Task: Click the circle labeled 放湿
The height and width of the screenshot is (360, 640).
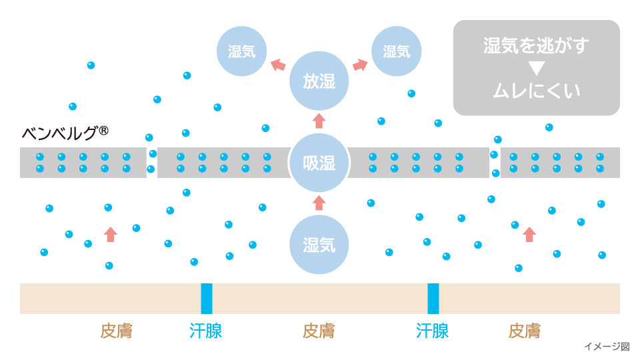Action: click(x=319, y=81)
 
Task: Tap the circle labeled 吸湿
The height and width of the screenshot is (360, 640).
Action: click(x=319, y=163)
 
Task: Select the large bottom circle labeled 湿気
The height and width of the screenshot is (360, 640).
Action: click(x=319, y=245)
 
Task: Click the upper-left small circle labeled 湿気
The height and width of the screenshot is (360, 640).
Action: click(x=242, y=51)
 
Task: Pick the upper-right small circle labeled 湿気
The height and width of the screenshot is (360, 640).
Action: click(x=396, y=51)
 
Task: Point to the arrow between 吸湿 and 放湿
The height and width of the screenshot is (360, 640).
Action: click(x=319, y=121)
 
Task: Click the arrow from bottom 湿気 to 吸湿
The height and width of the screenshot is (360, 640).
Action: click(x=319, y=203)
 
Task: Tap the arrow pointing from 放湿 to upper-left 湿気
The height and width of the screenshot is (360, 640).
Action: click(x=278, y=65)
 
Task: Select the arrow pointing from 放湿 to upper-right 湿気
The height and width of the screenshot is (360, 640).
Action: click(x=360, y=65)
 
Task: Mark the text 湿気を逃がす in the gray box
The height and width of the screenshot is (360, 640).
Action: click(x=536, y=46)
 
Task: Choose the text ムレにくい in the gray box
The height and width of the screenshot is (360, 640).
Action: click(x=536, y=90)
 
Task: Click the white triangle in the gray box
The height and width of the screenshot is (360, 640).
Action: click(x=536, y=68)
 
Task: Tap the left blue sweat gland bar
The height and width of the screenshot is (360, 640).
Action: click(x=207, y=298)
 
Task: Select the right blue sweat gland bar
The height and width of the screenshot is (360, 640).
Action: click(x=433, y=298)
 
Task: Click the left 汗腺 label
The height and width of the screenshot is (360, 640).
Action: click(x=206, y=331)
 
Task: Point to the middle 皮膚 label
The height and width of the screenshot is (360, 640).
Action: click(x=319, y=331)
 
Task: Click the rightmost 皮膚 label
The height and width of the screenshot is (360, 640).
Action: click(x=524, y=331)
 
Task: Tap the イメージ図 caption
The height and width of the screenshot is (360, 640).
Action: click(x=607, y=347)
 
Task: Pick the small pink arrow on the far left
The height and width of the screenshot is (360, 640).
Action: click(x=111, y=234)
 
